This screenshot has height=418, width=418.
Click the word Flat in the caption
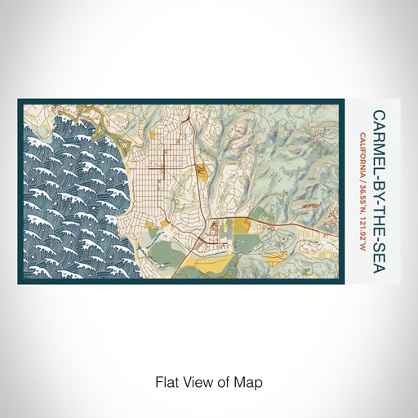coord(166,381)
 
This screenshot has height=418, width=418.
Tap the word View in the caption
coord(197,381)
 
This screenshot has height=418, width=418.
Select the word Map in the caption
coord(251,381)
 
